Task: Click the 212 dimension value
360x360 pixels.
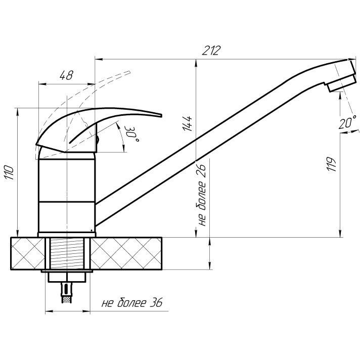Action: click(211, 51)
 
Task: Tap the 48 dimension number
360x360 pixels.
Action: click(66, 75)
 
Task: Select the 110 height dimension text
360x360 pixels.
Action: click(10, 172)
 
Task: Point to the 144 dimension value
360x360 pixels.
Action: click(187, 124)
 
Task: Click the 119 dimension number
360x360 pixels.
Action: click(332, 164)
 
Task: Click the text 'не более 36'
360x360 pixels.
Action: click(132, 302)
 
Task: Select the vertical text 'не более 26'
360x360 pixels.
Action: click(202, 195)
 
